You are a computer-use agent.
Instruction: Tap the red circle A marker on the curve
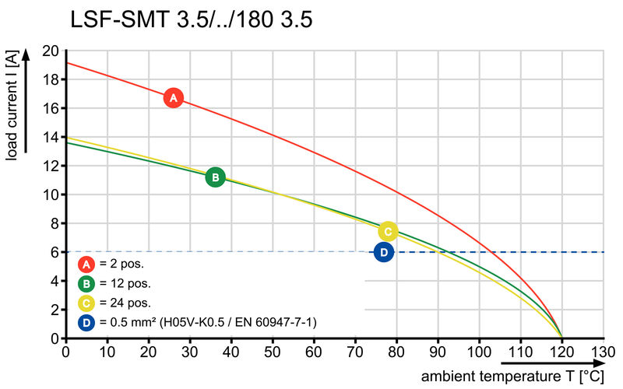click(174, 98)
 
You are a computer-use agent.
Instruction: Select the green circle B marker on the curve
click(215, 177)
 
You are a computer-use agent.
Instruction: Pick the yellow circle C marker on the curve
click(388, 231)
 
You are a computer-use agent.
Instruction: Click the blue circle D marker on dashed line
click(383, 252)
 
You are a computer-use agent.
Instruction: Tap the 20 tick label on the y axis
click(51, 51)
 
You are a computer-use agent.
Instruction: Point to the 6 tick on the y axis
click(54, 252)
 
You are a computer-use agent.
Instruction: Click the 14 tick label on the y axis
click(51, 137)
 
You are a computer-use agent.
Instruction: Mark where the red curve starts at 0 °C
click(66, 62)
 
